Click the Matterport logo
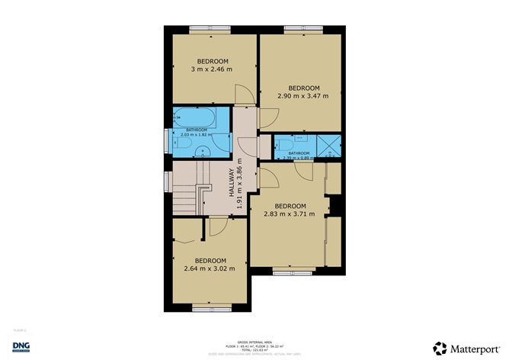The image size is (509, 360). point(461,348)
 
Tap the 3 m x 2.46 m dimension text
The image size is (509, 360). point(211,69)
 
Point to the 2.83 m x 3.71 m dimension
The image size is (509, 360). point(290,214)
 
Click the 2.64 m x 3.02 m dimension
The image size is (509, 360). point(210,268)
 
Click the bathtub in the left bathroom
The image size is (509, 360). point(194,119)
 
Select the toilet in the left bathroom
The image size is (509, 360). point(185,146)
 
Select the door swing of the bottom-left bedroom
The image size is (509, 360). point(216,226)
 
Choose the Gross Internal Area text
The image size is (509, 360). point(254,341)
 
